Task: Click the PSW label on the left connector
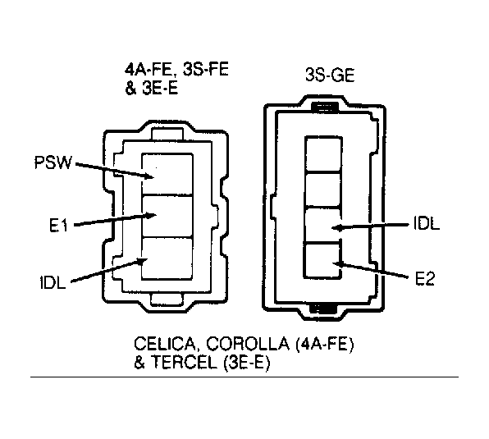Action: tap(53, 162)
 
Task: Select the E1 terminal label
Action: tap(58, 225)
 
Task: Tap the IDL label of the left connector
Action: tap(53, 282)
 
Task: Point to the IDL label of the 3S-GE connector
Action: tap(427, 223)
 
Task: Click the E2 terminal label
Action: tap(424, 278)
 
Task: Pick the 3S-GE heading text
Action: tap(330, 75)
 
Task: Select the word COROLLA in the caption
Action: tap(248, 344)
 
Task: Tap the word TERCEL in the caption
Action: tap(185, 363)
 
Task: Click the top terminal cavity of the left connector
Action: tap(167, 174)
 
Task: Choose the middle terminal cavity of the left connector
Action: tap(167, 217)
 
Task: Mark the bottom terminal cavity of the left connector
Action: tap(167, 258)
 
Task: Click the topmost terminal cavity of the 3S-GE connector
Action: tap(322, 153)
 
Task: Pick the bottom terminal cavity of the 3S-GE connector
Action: tap(322, 260)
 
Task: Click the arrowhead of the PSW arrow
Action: tap(149, 176)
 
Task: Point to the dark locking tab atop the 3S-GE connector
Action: tap(325, 107)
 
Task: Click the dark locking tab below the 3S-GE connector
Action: tap(323, 309)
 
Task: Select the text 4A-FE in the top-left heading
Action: tap(149, 69)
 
